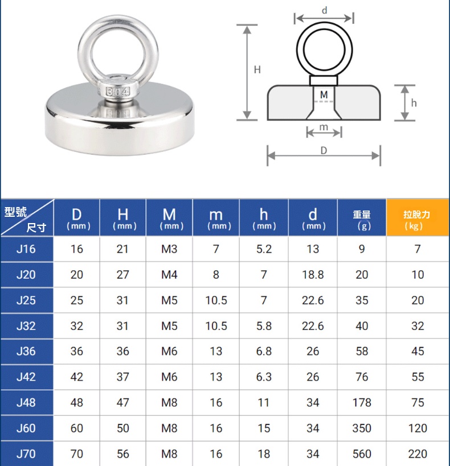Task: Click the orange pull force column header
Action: click(417, 218)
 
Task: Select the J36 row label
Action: click(26, 351)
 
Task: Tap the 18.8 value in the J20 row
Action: click(313, 275)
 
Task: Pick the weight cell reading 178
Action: click(362, 402)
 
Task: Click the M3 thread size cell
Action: click(169, 249)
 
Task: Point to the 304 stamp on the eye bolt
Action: click(118, 92)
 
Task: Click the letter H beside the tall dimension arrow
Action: click(257, 69)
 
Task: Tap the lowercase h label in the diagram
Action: click(414, 103)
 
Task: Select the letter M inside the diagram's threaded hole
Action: click(324, 95)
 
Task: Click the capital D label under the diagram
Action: click(324, 150)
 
